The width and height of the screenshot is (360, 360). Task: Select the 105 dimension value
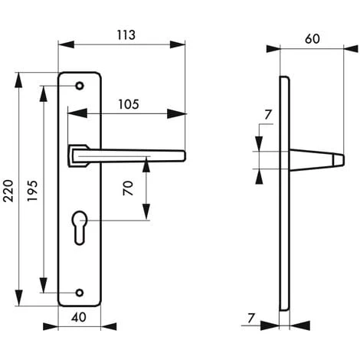[129, 104]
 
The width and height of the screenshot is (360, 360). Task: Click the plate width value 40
[78, 317]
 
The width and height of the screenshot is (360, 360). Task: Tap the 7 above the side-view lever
[266, 116]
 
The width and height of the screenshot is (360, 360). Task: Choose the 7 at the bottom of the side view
[250, 317]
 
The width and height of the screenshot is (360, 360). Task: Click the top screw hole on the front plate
[80, 87]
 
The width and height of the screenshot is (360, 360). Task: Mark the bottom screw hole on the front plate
[80, 291]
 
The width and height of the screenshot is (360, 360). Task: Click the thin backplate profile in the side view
[286, 191]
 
